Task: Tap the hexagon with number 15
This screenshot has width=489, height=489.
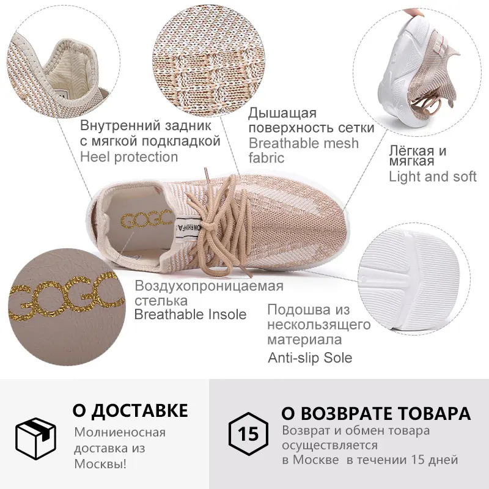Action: click(x=249, y=435)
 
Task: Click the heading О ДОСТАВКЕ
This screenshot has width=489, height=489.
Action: click(x=130, y=410)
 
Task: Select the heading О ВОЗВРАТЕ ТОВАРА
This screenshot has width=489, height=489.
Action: click(x=376, y=413)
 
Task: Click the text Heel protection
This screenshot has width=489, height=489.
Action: click(x=129, y=156)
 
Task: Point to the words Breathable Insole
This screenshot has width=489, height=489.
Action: click(x=190, y=314)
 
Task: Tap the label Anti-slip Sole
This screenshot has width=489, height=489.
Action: click(x=310, y=358)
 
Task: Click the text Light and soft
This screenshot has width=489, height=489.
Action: click(x=433, y=177)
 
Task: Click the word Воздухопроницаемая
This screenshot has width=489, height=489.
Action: click(x=209, y=286)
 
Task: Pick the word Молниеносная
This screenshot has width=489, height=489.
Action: click(x=120, y=433)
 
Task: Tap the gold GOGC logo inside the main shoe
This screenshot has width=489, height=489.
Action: click(x=144, y=218)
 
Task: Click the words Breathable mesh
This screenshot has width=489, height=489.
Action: click(x=304, y=143)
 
